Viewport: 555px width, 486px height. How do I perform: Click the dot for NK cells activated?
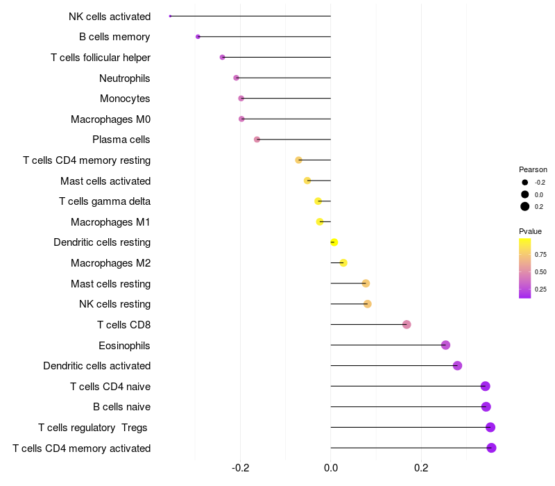(x=170, y=16)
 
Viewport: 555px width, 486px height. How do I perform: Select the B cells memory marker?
(x=198, y=37)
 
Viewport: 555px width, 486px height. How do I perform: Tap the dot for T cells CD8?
(x=407, y=324)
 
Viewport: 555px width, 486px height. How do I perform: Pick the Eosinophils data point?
(x=445, y=345)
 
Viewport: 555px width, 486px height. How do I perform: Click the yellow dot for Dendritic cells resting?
(x=334, y=242)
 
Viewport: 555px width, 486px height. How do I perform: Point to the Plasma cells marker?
(x=257, y=140)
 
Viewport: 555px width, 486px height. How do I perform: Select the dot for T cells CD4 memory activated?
(x=491, y=448)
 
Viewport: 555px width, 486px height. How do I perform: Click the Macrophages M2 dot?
(x=343, y=263)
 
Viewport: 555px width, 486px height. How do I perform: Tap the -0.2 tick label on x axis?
(x=240, y=468)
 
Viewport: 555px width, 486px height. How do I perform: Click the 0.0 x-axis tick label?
(x=331, y=468)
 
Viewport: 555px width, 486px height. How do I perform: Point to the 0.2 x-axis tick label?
(x=421, y=468)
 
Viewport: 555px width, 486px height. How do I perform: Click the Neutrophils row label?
(x=125, y=78)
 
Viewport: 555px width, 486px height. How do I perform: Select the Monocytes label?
(x=125, y=99)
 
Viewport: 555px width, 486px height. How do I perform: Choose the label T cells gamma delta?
(x=105, y=201)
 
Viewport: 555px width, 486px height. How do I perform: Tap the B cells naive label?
(x=122, y=407)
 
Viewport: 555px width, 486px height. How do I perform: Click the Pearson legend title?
(x=533, y=169)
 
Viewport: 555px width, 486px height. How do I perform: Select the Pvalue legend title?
(x=530, y=231)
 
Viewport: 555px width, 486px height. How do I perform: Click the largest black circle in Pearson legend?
(x=525, y=206)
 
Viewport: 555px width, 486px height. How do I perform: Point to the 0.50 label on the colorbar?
(x=540, y=272)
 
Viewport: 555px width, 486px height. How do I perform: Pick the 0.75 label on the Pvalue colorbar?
(x=540, y=255)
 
